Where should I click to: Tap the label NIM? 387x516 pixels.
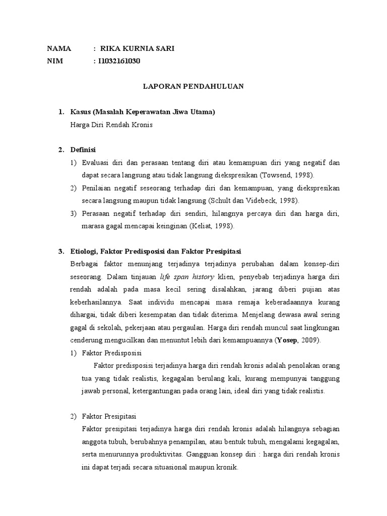pos(54,61)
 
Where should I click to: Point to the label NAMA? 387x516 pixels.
pos(59,49)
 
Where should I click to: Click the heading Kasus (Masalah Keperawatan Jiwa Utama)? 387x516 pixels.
pos(143,112)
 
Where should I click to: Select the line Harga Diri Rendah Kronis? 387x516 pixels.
pos(111,124)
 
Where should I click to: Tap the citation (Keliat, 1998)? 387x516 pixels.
pos(205,226)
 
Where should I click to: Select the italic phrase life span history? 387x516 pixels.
pos(187,277)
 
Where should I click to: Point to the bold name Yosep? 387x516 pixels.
pos(287,340)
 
